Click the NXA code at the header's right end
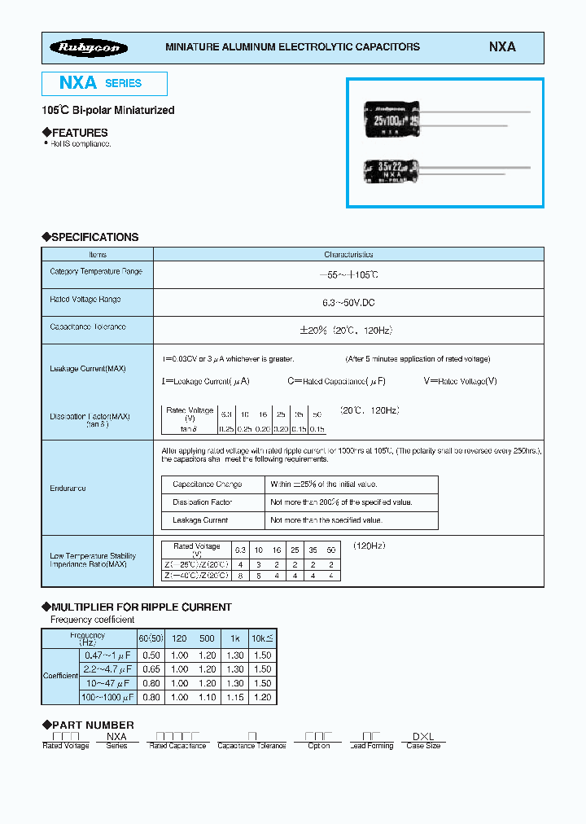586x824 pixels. coord(502,47)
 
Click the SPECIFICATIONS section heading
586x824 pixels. coord(94,237)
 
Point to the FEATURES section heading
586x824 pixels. coord(79,133)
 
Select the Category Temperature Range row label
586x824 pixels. coord(96,271)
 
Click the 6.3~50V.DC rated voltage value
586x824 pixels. coord(348,302)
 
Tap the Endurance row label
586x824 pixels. coord(68,489)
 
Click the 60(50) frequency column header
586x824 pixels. coord(150,639)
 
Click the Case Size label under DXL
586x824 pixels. coord(423,746)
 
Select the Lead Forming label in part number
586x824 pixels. coord(371,746)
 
